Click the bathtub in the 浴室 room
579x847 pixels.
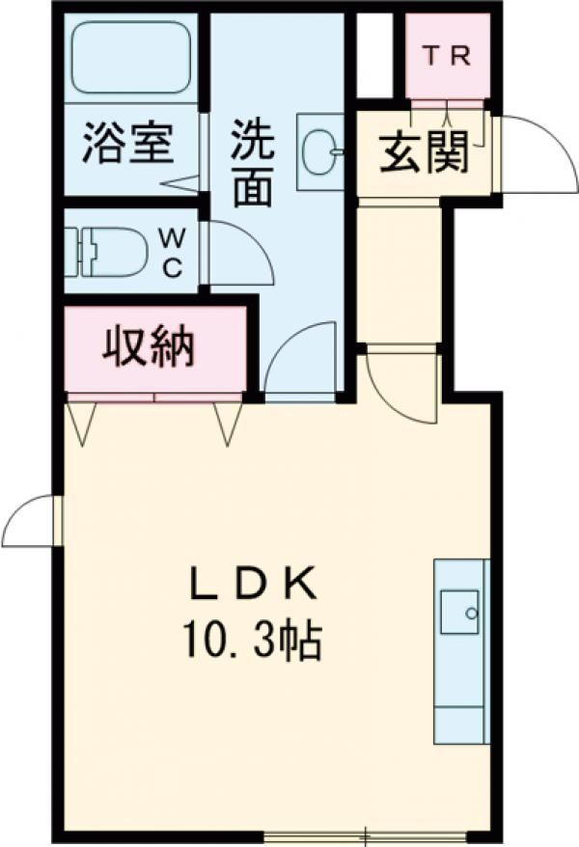(x=132, y=57)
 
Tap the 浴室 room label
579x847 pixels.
(x=128, y=144)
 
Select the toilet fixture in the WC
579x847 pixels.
(x=106, y=252)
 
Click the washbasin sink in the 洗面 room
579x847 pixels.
(x=320, y=151)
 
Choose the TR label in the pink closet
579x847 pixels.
(x=448, y=56)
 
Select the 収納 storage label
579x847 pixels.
(x=149, y=345)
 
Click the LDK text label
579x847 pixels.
(x=252, y=585)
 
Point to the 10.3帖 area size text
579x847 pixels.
(x=254, y=641)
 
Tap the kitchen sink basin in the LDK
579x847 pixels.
(x=459, y=612)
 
